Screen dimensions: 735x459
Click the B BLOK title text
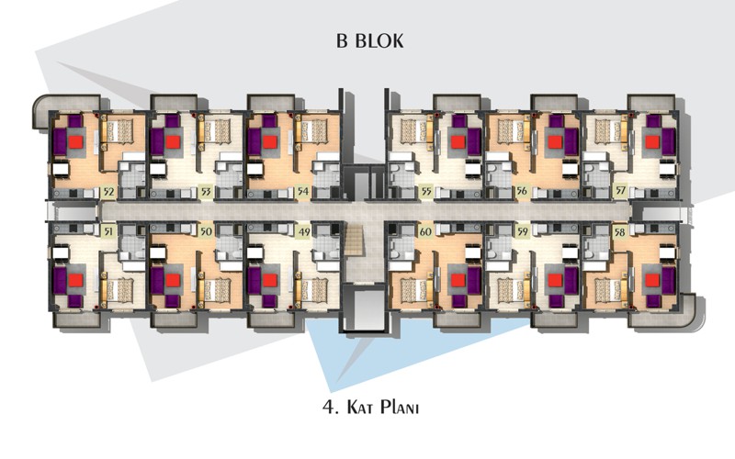point(369,40)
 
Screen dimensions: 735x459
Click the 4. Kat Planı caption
point(370,407)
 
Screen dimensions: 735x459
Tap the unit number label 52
point(108,192)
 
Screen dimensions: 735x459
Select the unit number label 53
point(205,192)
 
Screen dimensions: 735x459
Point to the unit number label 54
point(303,192)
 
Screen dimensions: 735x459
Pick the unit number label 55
point(425,192)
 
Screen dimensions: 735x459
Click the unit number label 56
point(522,192)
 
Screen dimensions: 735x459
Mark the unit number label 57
point(619,191)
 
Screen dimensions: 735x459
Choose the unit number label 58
point(619,232)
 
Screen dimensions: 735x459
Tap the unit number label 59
point(522,231)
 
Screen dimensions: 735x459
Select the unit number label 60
point(425,231)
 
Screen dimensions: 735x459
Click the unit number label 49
point(304,231)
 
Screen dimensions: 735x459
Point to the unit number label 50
point(205,231)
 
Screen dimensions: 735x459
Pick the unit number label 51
point(108,231)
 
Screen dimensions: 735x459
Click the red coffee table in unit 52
point(75,142)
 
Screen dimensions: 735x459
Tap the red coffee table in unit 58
point(652,280)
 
